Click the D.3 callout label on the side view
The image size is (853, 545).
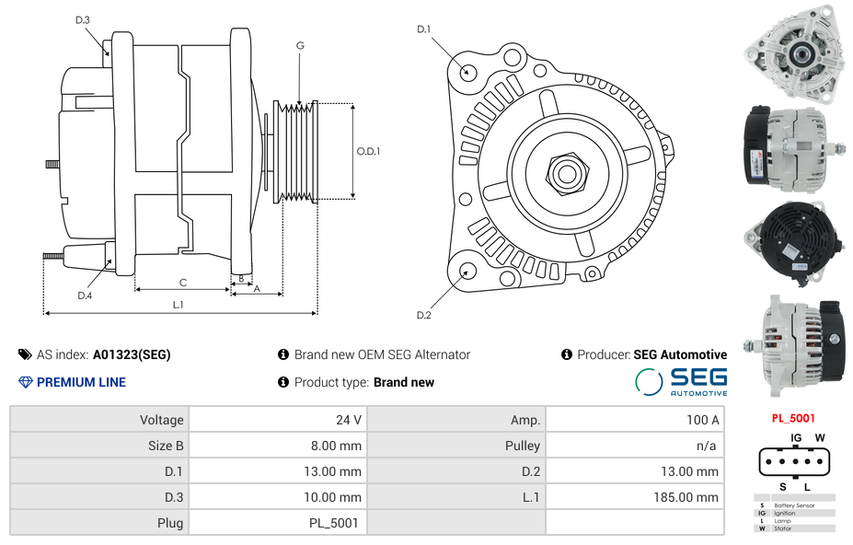[x=82, y=19]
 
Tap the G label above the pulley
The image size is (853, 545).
[x=300, y=45]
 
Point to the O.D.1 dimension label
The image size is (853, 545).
[x=368, y=151]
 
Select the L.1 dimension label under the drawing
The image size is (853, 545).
[x=179, y=304]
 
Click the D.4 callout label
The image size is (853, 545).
[x=85, y=296]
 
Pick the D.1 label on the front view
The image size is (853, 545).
[x=423, y=29]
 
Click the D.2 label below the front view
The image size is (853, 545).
[x=423, y=315]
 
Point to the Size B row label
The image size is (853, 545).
[x=166, y=446]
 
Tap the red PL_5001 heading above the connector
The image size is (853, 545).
[x=793, y=418]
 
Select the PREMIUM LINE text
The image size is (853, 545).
[x=81, y=382]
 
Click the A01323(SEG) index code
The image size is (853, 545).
[x=132, y=354]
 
